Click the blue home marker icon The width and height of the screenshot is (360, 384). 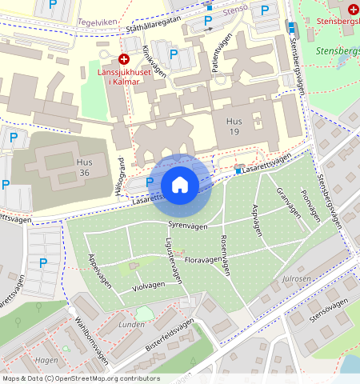tap(180, 185)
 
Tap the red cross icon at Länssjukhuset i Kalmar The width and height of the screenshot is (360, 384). tap(124, 59)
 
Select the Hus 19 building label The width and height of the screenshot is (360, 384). tap(233, 126)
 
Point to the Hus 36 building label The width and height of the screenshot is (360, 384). tap(84, 167)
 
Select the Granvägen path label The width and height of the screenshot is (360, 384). tap(286, 203)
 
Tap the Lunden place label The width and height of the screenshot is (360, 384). tap(131, 326)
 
